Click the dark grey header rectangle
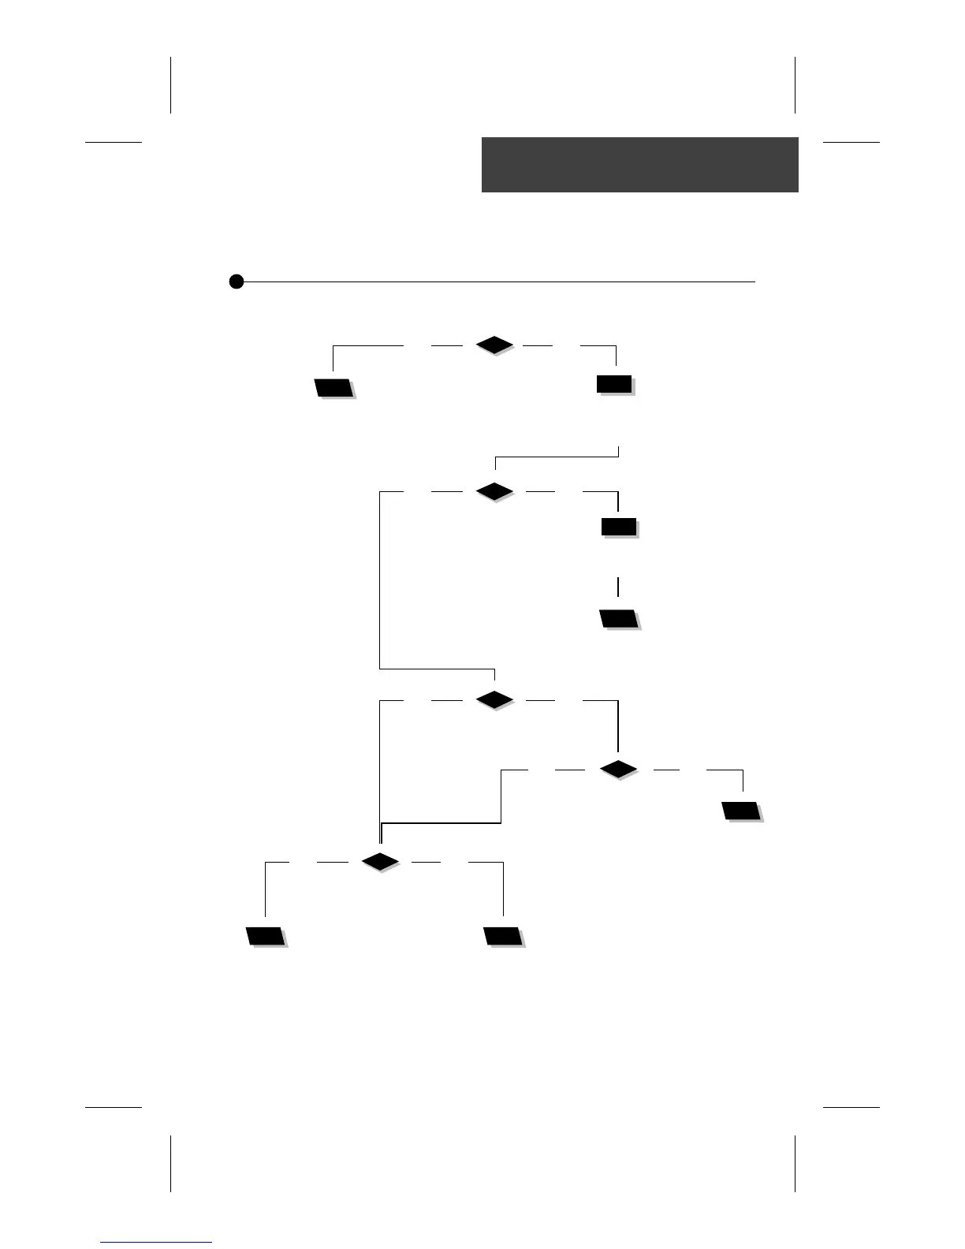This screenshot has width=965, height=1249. pyautogui.click(x=639, y=164)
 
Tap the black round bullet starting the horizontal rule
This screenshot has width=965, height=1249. pyautogui.click(x=236, y=281)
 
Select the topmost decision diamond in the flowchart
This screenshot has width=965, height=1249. pyautogui.click(x=495, y=345)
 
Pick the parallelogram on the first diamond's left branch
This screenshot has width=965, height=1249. pyautogui.click(x=333, y=387)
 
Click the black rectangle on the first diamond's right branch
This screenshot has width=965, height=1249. pyautogui.click(x=614, y=384)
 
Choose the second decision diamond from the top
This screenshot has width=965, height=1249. pyautogui.click(x=495, y=491)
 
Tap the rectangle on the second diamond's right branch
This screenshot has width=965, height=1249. pyautogui.click(x=619, y=527)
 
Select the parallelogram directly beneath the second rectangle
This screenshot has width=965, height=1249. pyautogui.click(x=619, y=618)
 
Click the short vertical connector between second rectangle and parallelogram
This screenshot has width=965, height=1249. pyautogui.click(x=618, y=586)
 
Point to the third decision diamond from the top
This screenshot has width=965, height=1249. pyautogui.click(x=495, y=699)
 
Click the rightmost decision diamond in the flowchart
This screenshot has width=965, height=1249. pyautogui.click(x=618, y=769)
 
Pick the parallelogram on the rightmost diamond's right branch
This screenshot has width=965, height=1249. pyautogui.click(x=741, y=811)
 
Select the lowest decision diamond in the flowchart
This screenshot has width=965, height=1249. pyautogui.click(x=380, y=862)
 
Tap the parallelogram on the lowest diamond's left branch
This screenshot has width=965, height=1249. pyautogui.click(x=265, y=936)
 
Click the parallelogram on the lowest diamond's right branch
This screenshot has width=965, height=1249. pyautogui.click(x=503, y=936)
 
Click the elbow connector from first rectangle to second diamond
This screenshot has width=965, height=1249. pyautogui.click(x=556, y=457)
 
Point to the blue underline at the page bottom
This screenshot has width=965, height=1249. pyautogui.click(x=156, y=1242)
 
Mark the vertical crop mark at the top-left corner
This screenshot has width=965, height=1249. pyautogui.click(x=170, y=84)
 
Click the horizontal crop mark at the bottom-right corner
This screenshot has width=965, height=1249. pyautogui.click(x=851, y=1107)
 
